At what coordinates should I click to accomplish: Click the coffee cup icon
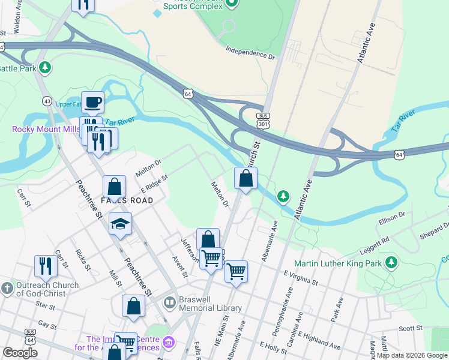click(93, 103)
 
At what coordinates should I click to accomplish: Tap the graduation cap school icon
click(120, 224)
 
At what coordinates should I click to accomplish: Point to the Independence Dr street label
click(250, 52)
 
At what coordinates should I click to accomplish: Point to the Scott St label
click(411, 328)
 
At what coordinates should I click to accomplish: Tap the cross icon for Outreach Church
click(7, 289)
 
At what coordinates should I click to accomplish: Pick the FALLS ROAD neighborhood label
click(127, 200)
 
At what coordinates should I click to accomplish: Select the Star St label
click(45, 306)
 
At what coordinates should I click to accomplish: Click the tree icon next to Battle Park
click(45, 67)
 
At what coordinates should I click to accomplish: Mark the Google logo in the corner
click(20, 353)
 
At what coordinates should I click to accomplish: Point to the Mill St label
click(115, 277)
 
